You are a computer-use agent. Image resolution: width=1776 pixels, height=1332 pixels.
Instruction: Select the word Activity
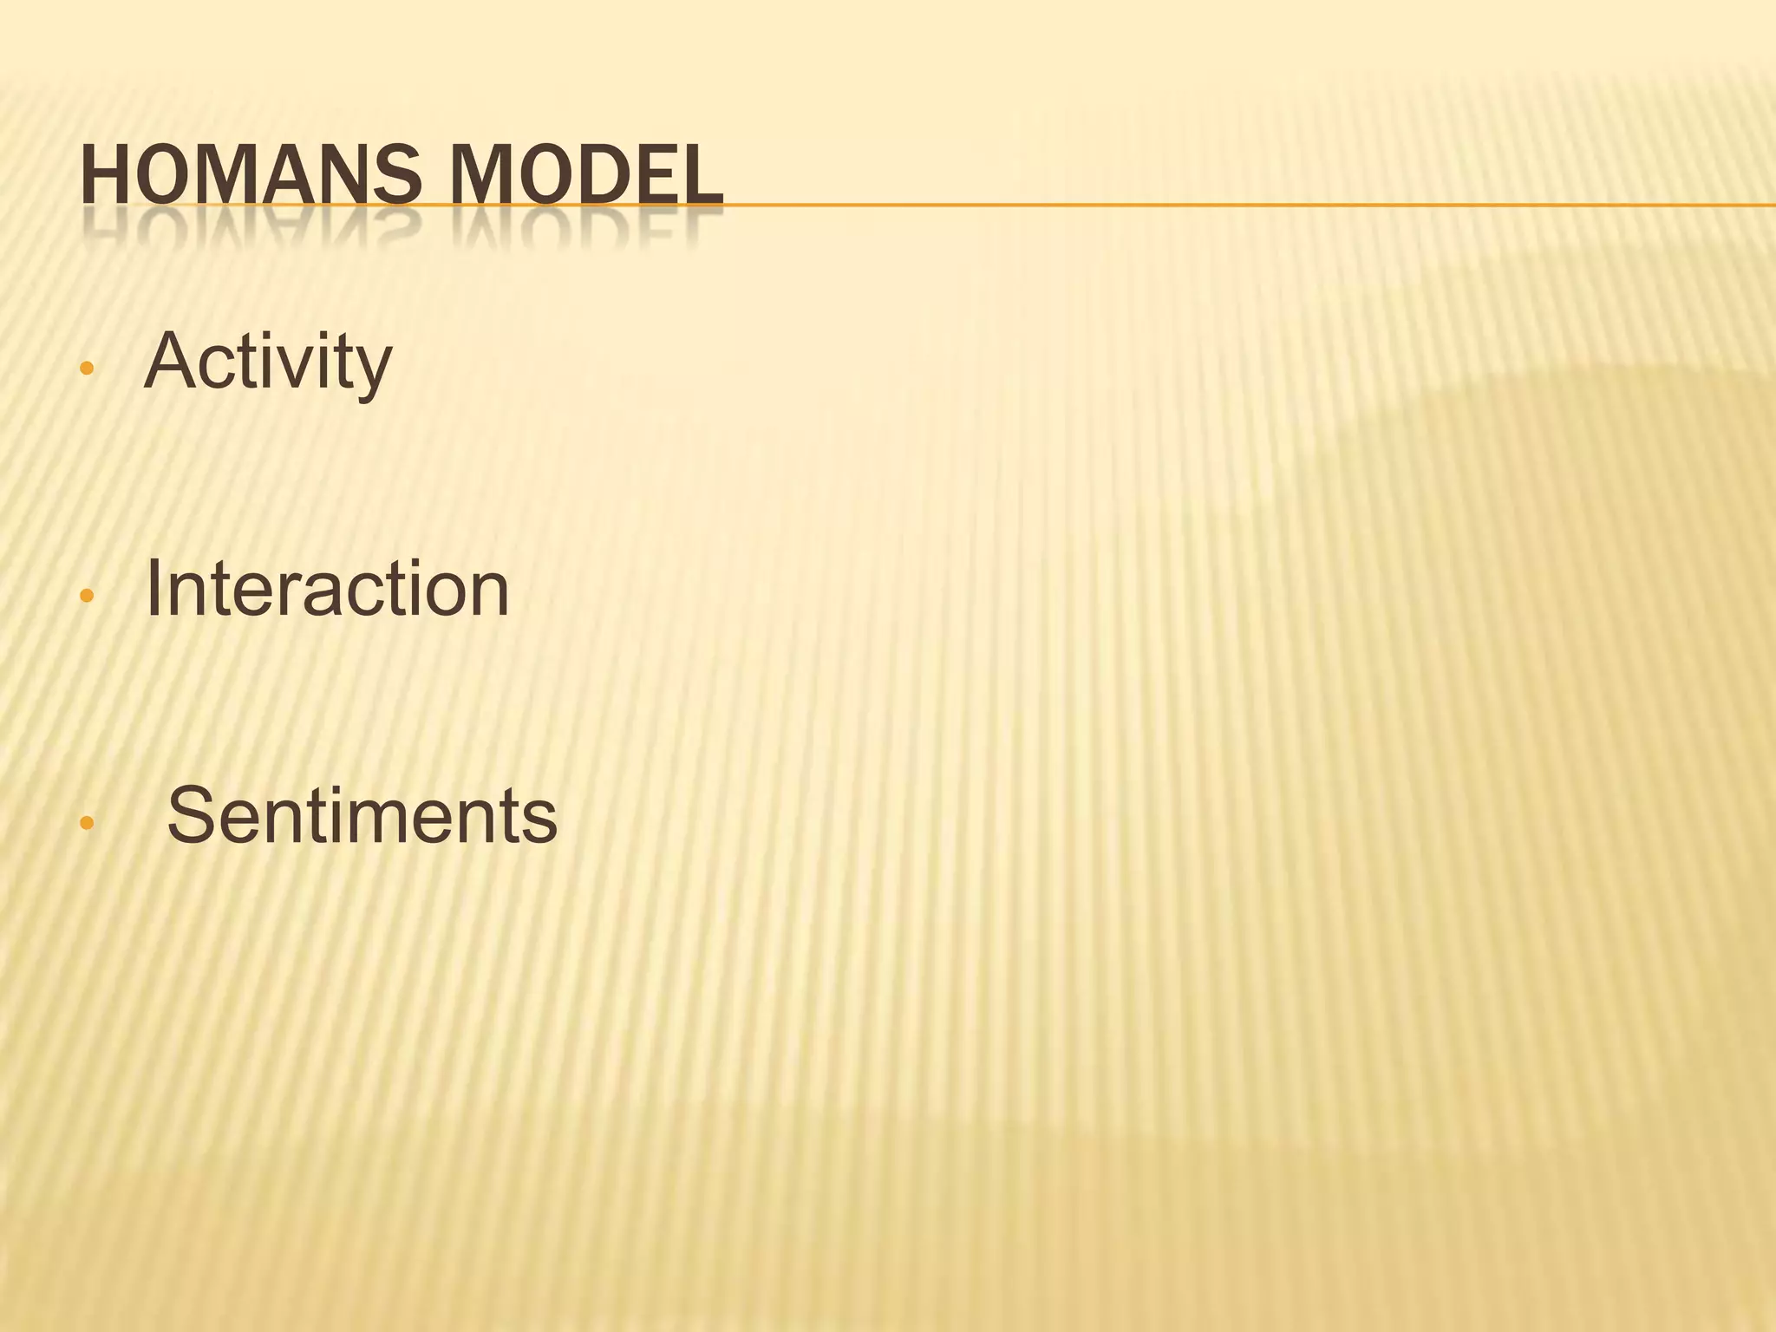[268, 362]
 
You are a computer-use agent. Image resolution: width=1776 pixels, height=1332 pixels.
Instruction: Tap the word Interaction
[328, 589]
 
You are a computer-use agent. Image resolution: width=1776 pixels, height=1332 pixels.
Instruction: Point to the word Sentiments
[362, 816]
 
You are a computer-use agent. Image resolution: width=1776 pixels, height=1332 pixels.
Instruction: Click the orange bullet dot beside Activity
[85, 368]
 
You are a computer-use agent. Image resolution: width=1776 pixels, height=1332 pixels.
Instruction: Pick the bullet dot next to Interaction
[85, 596]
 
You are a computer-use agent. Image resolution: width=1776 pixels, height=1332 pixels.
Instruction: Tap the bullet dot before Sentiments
[85, 823]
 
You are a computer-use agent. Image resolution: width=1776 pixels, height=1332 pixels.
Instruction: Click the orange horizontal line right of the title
[1214, 205]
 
